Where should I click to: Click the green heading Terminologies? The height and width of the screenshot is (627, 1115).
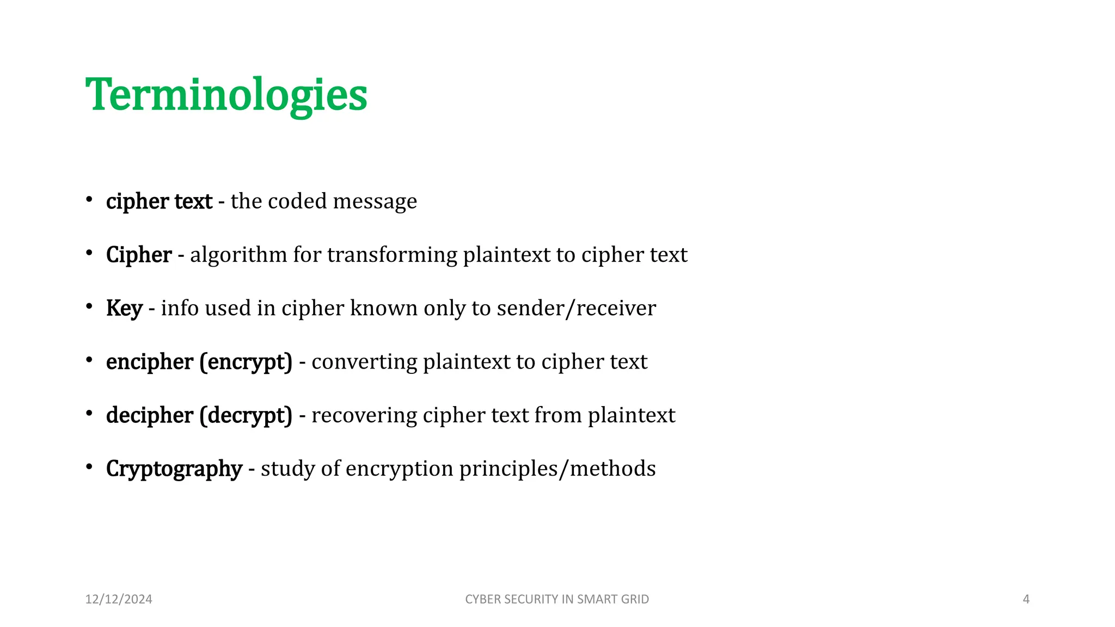coord(226,95)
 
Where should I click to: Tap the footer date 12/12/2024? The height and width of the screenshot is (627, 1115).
coord(119,599)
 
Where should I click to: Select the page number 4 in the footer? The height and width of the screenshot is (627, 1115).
coord(1026,599)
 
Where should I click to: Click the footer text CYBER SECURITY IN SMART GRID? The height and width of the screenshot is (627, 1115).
coord(556,599)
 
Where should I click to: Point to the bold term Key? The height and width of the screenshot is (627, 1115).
coord(124,309)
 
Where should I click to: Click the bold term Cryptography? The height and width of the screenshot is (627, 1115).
coord(174,469)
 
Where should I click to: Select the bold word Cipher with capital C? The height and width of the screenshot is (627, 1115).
coord(139,255)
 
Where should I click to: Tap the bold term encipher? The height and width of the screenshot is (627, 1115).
coord(150,362)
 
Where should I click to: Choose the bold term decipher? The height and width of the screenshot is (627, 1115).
coord(150,415)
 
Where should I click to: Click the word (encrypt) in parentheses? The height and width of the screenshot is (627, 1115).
coord(246,362)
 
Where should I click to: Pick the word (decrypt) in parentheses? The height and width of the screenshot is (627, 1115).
coord(246,415)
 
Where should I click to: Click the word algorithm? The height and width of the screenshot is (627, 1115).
coord(238,255)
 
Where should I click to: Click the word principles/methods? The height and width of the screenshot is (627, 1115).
coord(557,469)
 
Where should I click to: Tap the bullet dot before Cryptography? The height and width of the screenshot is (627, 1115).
coord(89,466)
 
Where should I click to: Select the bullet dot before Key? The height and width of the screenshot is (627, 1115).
coord(89,306)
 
